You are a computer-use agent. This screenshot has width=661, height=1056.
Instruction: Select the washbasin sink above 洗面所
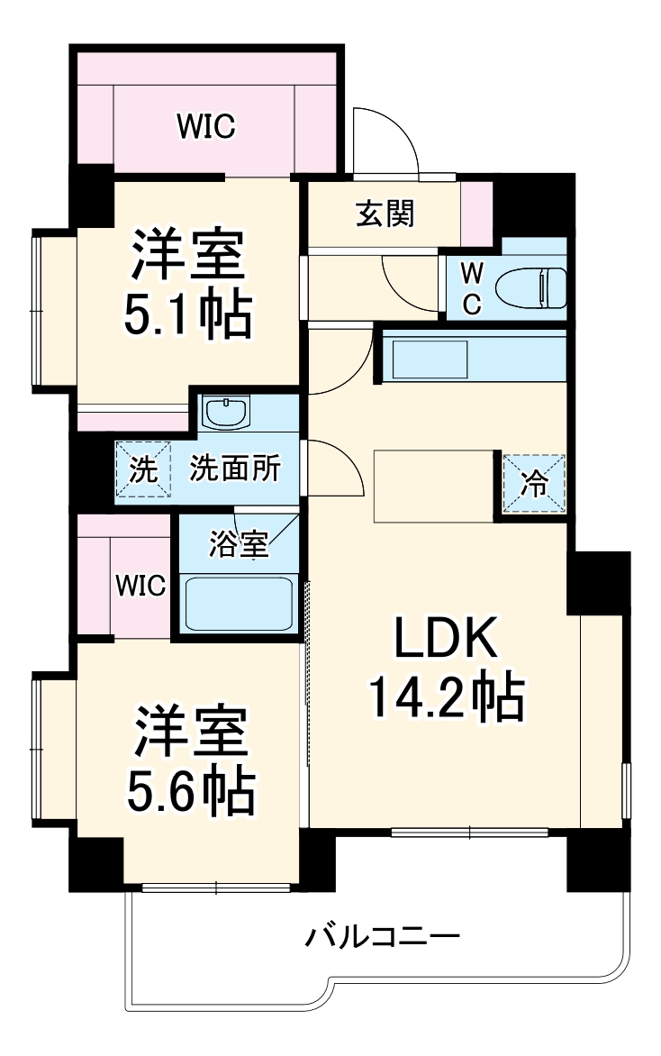225,414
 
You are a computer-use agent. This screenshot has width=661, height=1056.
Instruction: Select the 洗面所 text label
234,469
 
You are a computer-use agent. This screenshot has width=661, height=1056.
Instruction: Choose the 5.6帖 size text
190,787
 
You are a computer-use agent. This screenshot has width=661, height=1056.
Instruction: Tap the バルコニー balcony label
383,937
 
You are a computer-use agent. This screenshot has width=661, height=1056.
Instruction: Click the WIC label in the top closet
205,127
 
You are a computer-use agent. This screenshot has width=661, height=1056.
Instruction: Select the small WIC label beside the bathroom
140,587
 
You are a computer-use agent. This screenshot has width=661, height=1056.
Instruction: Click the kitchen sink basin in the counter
430,360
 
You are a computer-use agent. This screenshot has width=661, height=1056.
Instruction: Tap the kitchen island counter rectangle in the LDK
434,486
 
